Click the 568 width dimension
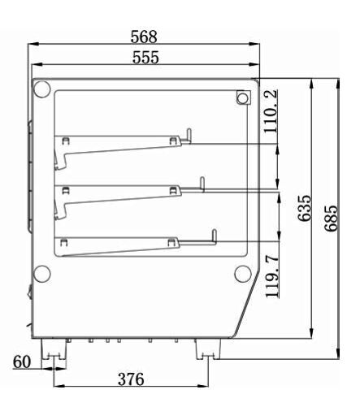[x=144, y=37]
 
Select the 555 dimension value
[x=145, y=57]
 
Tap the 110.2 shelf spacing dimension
[x=271, y=111]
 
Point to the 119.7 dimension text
[x=272, y=275]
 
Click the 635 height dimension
[x=305, y=208]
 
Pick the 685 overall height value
[x=331, y=219]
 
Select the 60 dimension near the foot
[x=22, y=362]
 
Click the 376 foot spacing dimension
[x=131, y=379]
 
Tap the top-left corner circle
[x=41, y=89]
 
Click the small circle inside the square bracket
[x=243, y=97]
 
